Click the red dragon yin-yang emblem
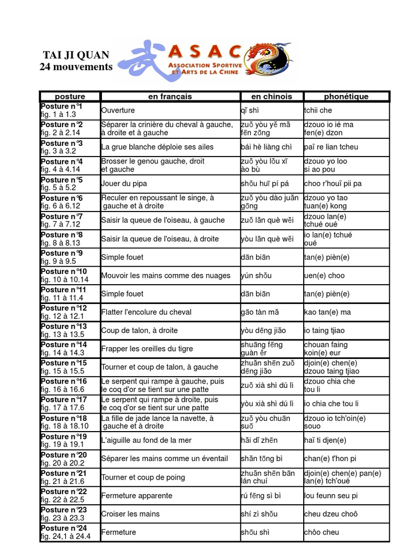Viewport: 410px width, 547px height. [269, 59]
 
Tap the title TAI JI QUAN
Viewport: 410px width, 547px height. [76, 55]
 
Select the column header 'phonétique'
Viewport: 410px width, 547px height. [346, 97]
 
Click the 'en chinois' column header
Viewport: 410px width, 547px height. [272, 97]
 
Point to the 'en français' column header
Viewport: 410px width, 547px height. [170, 97]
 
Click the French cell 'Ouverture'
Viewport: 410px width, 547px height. [118, 111]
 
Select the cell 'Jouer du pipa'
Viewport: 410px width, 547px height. [124, 184]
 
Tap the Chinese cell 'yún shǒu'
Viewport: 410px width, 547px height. [256, 276]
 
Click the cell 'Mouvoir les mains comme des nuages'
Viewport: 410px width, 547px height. [166, 276]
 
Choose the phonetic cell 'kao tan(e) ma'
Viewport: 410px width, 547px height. [327, 312]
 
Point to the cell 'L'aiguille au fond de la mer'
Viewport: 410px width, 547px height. [146, 441]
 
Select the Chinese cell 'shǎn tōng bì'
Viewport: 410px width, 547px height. [261, 459]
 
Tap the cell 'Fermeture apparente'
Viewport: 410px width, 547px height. [129, 496]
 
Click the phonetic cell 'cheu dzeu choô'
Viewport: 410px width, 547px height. [330, 514]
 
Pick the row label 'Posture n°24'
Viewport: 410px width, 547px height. [64, 528]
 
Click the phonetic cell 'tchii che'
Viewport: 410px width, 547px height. [318, 111]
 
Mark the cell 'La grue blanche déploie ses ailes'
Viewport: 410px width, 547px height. [157, 147]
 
